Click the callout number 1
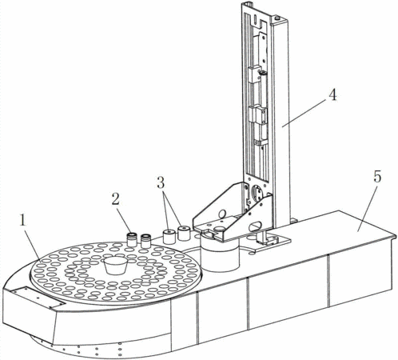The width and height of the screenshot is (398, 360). click(22, 221)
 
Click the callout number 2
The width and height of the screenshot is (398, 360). click(115, 199)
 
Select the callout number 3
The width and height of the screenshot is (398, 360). click(161, 183)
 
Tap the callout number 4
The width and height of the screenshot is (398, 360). click(332, 95)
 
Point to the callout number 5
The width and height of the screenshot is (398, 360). click(377, 177)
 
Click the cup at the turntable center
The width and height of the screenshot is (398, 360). click(116, 266)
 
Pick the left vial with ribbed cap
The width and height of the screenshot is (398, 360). click(132, 239)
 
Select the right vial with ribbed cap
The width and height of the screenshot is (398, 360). click(145, 241)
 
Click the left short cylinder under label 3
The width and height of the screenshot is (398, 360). click(169, 237)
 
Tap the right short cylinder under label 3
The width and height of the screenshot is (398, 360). click(184, 233)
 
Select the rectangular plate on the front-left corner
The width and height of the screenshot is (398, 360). click(38, 298)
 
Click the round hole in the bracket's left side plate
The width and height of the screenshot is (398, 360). click(222, 214)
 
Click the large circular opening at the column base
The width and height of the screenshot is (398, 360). click(257, 194)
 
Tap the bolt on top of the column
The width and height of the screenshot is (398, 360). click(277, 18)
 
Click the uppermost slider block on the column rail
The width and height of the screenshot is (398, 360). click(254, 74)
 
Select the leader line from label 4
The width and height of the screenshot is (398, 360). click(304, 112)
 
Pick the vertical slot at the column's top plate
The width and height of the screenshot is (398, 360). click(255, 18)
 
